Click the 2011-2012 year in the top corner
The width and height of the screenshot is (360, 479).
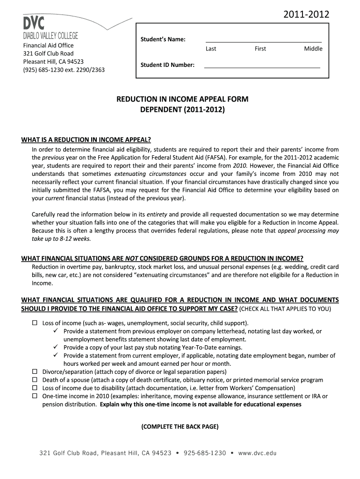307,15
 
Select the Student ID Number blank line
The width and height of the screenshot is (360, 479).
262,67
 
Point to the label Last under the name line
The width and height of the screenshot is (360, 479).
211,49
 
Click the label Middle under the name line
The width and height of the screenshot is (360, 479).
313,49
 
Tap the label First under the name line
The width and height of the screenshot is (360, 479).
260,49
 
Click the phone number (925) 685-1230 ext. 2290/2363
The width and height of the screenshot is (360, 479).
64,70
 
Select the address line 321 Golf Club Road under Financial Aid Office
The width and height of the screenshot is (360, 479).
49,53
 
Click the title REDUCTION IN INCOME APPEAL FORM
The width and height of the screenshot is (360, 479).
182,100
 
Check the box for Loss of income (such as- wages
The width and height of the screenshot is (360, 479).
34,323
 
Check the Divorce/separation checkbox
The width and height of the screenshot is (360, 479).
34,372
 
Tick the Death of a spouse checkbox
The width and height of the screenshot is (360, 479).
34,380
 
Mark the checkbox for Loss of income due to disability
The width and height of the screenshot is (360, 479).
34,388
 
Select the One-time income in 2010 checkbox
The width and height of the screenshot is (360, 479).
34,396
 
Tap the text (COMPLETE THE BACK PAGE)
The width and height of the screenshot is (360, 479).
180,427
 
